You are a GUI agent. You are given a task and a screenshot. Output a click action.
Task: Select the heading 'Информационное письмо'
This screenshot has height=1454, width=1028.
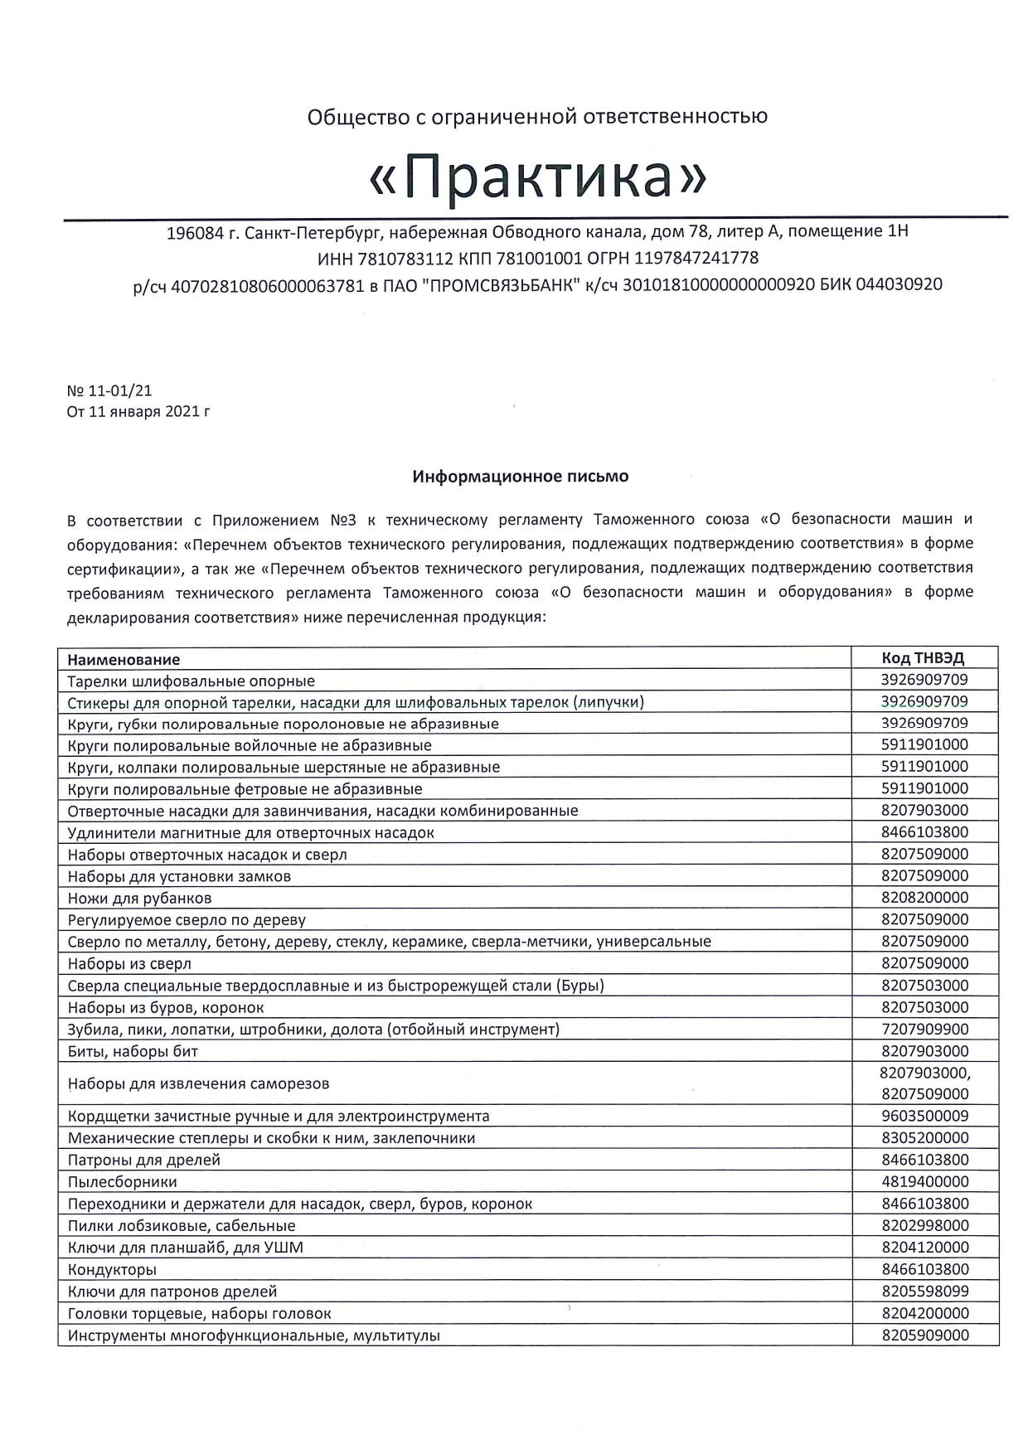coord(521,477)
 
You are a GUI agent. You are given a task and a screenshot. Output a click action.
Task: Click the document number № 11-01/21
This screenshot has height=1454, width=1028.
coord(109,390)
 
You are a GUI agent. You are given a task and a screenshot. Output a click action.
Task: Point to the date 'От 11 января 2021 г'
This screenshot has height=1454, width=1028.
coord(138,411)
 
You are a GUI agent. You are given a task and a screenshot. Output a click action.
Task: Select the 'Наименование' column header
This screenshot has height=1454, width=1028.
coord(124,660)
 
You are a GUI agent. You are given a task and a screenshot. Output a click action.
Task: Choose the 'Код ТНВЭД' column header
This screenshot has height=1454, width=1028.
coord(924,658)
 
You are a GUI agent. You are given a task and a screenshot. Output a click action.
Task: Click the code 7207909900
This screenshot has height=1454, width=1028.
coord(925,1029)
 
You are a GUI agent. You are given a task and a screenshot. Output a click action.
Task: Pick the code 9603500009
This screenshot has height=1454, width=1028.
coord(925,1116)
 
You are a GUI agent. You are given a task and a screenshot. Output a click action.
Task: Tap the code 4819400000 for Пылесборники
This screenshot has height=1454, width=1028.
coord(925,1181)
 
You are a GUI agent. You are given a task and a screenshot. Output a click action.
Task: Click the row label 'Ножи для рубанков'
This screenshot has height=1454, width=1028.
coord(140,898)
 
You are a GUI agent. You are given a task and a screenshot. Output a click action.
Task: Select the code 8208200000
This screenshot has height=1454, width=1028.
coord(925,897)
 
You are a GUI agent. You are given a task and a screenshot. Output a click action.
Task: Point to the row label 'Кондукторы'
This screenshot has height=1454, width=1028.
coord(113,1269)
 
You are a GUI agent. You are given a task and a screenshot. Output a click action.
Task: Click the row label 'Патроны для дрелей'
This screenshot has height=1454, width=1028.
coord(144,1160)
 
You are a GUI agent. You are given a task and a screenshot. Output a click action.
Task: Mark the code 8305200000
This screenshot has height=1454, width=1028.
coord(925,1137)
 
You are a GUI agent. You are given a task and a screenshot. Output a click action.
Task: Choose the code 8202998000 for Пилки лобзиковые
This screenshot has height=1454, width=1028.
coord(925,1225)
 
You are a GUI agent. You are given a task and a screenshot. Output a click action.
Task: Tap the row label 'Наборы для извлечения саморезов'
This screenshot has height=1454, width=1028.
coord(199,1083)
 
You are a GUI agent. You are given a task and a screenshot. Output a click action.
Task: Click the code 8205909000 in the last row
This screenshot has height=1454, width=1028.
coord(925,1335)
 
